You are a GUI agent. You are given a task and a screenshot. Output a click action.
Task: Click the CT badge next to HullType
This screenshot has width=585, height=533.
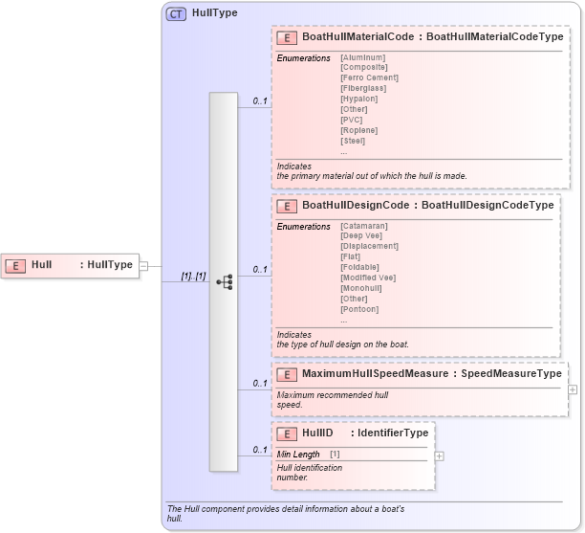(177, 13)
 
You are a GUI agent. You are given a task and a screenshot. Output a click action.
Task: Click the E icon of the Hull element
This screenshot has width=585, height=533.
(16, 265)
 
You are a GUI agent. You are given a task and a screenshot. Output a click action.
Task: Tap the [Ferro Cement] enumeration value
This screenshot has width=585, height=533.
(369, 78)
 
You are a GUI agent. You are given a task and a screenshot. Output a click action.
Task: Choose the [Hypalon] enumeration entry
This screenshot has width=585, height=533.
(358, 99)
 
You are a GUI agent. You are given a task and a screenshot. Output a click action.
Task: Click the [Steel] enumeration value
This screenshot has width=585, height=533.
(353, 141)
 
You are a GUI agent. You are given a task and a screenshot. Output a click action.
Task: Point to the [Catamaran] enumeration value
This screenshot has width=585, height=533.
(364, 226)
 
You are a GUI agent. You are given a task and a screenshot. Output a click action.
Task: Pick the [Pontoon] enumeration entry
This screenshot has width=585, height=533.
(359, 309)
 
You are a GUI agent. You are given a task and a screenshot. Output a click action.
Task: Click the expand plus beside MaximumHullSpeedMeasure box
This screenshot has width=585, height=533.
(573, 389)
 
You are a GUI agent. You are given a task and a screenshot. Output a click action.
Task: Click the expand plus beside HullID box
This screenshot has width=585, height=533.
(440, 456)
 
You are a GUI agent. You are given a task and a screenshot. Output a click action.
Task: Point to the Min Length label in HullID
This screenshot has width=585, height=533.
(298, 454)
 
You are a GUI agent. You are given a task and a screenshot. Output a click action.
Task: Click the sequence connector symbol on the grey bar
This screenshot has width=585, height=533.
(225, 282)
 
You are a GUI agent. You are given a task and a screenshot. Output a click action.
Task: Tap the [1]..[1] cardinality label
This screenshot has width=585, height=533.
(194, 277)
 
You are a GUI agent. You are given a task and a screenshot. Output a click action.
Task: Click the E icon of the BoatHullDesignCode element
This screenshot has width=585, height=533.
(286, 206)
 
